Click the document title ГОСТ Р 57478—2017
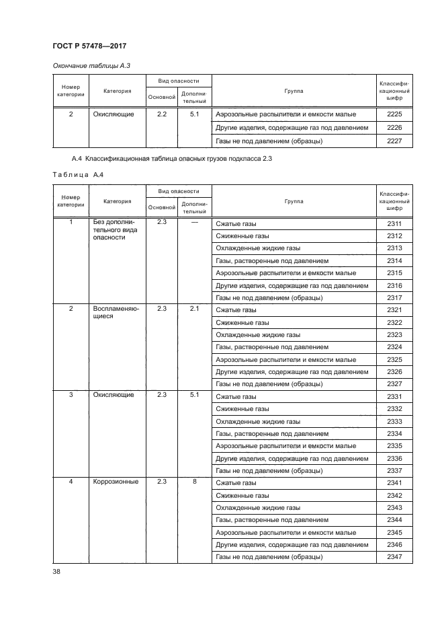[89, 45]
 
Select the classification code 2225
[394, 114]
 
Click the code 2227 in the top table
[394, 141]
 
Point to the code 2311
[394, 223]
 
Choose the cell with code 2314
[394, 260]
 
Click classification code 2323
[394, 334]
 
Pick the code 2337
[394, 470]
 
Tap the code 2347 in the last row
[394, 557]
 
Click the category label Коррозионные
[115, 482]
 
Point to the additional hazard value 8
[195, 482]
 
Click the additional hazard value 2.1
[195, 309]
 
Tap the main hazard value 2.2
[161, 114]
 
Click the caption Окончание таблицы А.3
[86, 65]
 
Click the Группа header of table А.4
[293, 201]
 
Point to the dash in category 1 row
[195, 222]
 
